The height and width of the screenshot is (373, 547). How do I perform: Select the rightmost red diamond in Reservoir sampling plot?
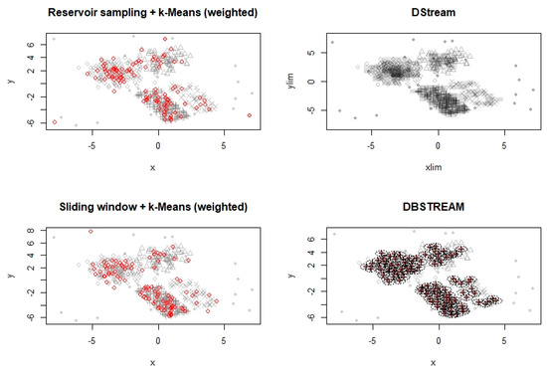pyautogui.click(x=250, y=116)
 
